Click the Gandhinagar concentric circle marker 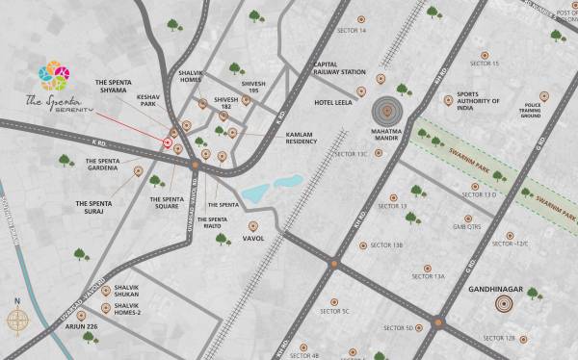503,305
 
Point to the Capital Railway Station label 338,68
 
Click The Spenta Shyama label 119,87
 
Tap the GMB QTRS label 466,228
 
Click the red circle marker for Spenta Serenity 169,143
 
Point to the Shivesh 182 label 225,103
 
